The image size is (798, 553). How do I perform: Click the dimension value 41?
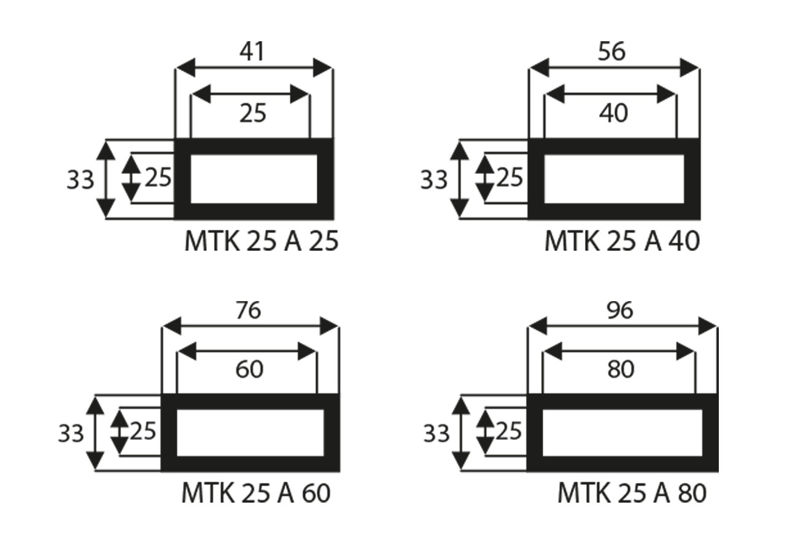252,52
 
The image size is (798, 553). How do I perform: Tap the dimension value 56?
611,52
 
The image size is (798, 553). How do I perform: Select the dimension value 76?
249,311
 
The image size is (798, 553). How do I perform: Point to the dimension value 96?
619,311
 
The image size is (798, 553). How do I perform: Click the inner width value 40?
613,113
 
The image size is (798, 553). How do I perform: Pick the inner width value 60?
249,369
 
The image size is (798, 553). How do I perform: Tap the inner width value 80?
620,369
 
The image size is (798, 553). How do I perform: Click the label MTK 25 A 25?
261,241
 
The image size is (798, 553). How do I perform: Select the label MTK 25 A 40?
622,241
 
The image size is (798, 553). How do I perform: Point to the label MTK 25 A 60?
256,493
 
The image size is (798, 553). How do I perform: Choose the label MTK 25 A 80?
632,493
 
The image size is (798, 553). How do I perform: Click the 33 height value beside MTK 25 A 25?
80,180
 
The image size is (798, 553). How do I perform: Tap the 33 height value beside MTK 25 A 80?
437,434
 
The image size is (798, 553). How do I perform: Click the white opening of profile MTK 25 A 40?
614,179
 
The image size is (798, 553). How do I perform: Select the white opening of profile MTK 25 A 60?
250,433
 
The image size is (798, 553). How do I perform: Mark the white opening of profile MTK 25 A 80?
622,433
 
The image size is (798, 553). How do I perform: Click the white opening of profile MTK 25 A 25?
254,179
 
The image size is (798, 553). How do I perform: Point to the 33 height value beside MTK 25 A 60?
71,434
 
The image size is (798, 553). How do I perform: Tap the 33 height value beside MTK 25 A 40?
434,180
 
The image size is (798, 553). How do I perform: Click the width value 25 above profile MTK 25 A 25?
253,113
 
